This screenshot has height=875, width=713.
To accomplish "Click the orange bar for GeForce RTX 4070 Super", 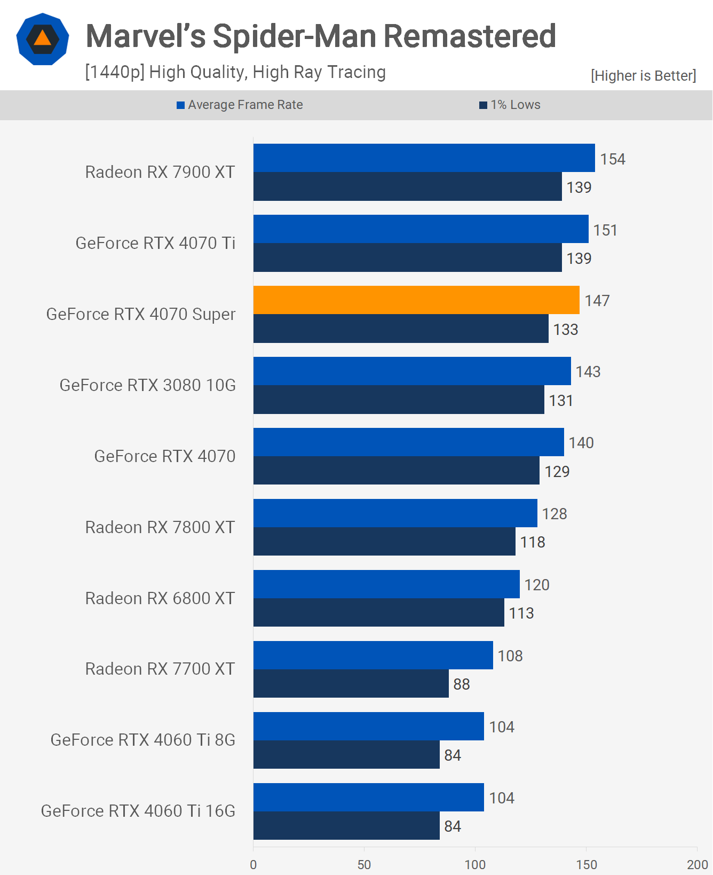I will coord(416,300).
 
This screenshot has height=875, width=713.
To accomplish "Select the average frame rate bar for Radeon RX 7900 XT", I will coord(424,158).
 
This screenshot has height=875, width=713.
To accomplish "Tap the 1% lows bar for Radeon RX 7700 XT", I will coord(351,684).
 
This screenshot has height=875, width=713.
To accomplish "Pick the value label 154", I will coord(612,159).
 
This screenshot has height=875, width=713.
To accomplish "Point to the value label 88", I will coord(461,684).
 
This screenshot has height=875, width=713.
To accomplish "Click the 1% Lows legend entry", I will coord(510,105).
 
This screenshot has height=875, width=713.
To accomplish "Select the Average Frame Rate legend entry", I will coord(240,105).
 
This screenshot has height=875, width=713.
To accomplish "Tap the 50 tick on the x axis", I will coord(364,864).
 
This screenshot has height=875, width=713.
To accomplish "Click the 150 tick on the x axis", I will coord(586,864).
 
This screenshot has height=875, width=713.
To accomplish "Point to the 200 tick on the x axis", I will coord(697,864).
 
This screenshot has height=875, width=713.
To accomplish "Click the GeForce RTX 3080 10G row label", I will coord(147,385).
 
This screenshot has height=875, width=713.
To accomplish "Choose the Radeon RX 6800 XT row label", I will coord(160,598).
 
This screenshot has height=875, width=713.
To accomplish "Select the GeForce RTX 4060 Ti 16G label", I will coord(138,811).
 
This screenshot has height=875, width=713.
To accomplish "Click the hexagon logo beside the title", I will coord(43,39).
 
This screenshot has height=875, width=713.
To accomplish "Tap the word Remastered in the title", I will coord(470,36).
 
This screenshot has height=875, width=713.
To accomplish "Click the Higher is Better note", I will coord(643,76).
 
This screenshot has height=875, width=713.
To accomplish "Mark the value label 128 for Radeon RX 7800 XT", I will coord(554,514).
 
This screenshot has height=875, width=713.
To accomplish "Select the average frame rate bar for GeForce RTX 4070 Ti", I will coord(421,229).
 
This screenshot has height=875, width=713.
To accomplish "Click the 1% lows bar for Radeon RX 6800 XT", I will coord(378,613).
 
